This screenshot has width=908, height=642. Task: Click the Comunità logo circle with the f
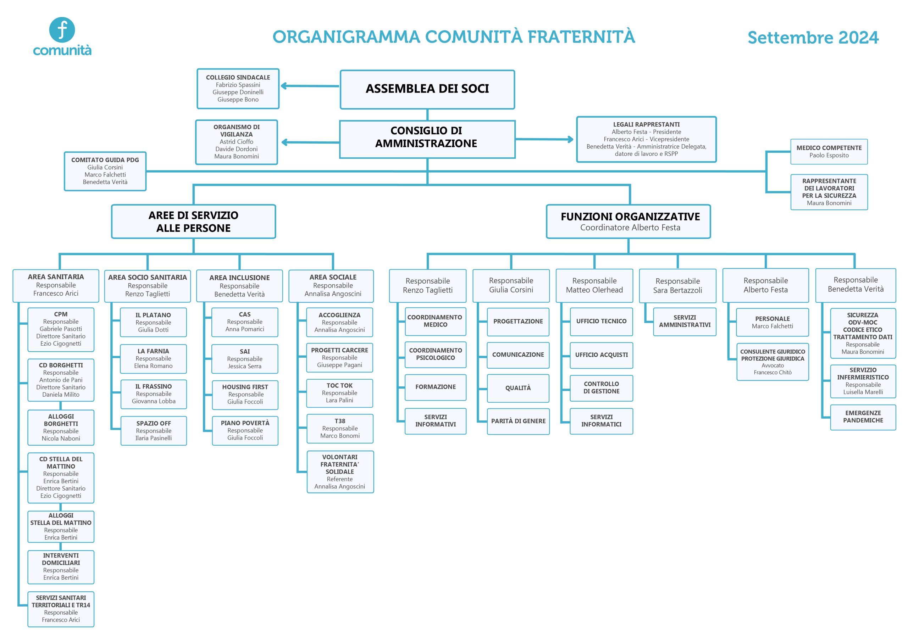click(x=62, y=30)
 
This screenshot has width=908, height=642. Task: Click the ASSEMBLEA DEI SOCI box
click(x=427, y=89)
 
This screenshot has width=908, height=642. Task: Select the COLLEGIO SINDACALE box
click(x=238, y=89)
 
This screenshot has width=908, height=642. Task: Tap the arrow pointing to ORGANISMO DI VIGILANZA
click(x=310, y=142)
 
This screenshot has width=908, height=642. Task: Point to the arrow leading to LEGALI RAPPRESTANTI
click(x=544, y=139)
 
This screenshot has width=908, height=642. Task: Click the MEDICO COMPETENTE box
click(x=829, y=151)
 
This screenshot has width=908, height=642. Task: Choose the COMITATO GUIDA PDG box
click(x=105, y=171)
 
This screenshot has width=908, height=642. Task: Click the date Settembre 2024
click(x=813, y=38)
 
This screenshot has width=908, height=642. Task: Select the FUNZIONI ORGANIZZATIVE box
click(x=629, y=221)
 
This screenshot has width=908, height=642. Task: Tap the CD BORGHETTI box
click(x=61, y=380)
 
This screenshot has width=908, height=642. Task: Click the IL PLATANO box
click(x=154, y=322)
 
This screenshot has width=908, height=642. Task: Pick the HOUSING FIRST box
click(x=245, y=395)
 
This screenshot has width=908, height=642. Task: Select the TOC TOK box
click(x=340, y=393)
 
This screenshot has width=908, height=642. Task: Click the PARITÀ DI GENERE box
click(x=518, y=422)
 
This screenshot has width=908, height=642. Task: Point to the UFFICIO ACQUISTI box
click(x=601, y=355)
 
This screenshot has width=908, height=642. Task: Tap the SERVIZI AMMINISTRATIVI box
click(x=685, y=322)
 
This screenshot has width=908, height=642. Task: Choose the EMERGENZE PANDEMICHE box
click(x=863, y=417)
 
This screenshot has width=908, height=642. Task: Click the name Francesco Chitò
click(x=773, y=372)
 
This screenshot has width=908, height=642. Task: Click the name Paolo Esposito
click(x=829, y=155)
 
